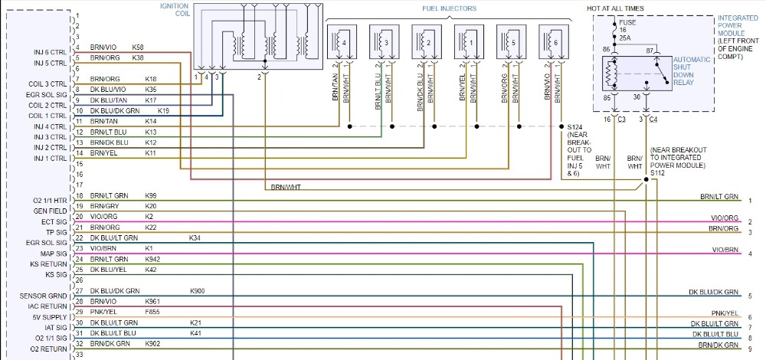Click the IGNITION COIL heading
click(x=173, y=10)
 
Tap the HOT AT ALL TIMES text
click(x=615, y=8)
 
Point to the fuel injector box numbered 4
click(x=342, y=42)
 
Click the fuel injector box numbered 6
click(x=553, y=42)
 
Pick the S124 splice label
click(x=574, y=126)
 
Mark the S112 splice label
click(x=658, y=172)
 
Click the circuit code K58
click(x=138, y=47)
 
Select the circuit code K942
click(x=153, y=259)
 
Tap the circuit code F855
click(x=153, y=312)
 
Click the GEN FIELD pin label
click(x=53, y=211)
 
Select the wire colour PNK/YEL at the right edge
click(x=724, y=313)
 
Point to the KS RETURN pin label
click(x=51, y=263)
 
